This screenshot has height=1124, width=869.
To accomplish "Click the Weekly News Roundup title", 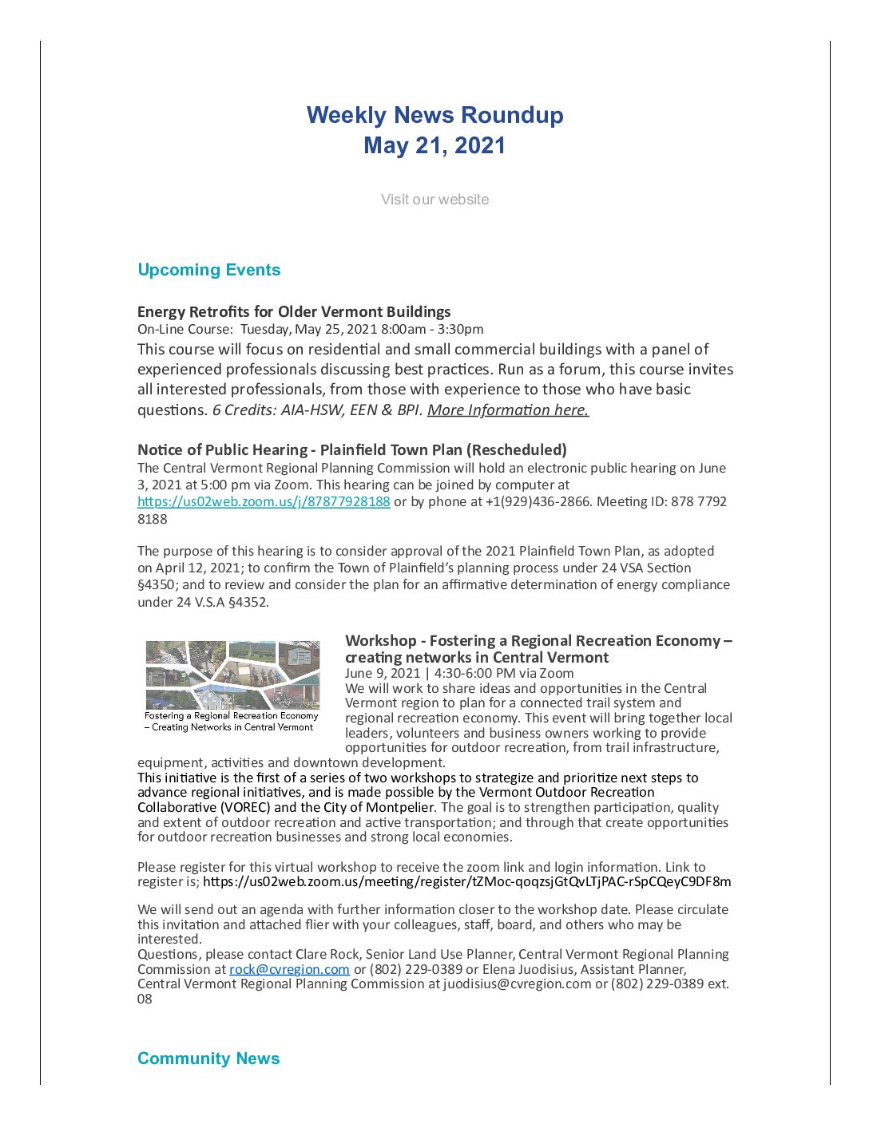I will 434,115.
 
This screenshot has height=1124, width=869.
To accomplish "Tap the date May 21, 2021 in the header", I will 434,145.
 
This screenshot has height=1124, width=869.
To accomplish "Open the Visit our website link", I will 434,200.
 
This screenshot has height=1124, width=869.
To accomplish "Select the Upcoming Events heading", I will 208,270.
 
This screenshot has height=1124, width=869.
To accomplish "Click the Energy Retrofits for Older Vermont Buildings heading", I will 294,311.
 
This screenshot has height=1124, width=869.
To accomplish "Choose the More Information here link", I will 508,410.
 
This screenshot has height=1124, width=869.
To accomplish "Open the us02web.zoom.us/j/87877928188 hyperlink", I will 264,501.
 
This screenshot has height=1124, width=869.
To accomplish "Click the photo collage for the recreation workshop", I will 232,675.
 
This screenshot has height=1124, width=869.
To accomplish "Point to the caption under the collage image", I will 232,722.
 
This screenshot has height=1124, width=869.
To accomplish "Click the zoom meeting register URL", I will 466,882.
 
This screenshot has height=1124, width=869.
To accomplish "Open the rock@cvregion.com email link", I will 289,969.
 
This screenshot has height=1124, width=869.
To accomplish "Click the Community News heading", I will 208,1059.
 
